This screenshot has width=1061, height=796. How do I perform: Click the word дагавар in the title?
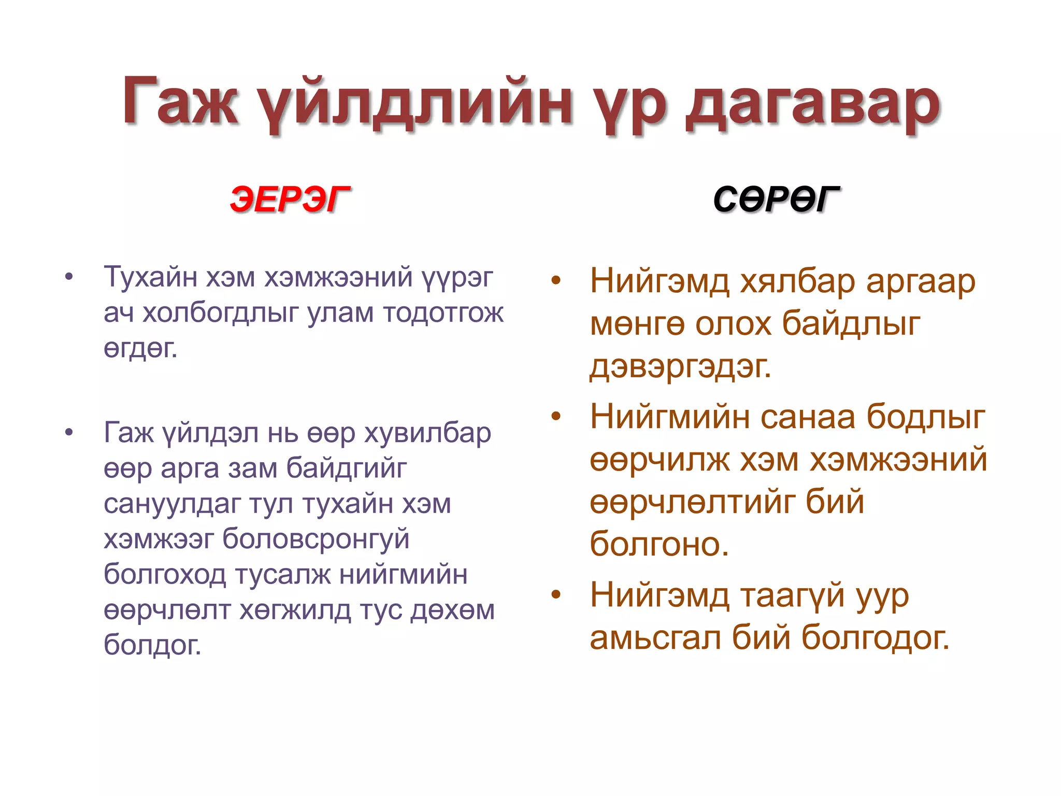point(812,104)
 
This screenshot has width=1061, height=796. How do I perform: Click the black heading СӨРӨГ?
point(776,200)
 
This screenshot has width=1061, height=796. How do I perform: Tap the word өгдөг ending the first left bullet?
point(140,349)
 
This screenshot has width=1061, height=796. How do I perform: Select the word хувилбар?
point(427,433)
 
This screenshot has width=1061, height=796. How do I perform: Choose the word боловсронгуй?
point(316,539)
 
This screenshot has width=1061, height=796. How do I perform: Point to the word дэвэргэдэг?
point(680,367)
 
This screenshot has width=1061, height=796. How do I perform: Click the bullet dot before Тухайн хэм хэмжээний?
point(69,277)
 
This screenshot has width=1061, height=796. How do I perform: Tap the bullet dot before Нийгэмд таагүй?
point(556,594)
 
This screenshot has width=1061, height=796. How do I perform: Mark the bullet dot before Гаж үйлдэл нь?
point(69,432)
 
